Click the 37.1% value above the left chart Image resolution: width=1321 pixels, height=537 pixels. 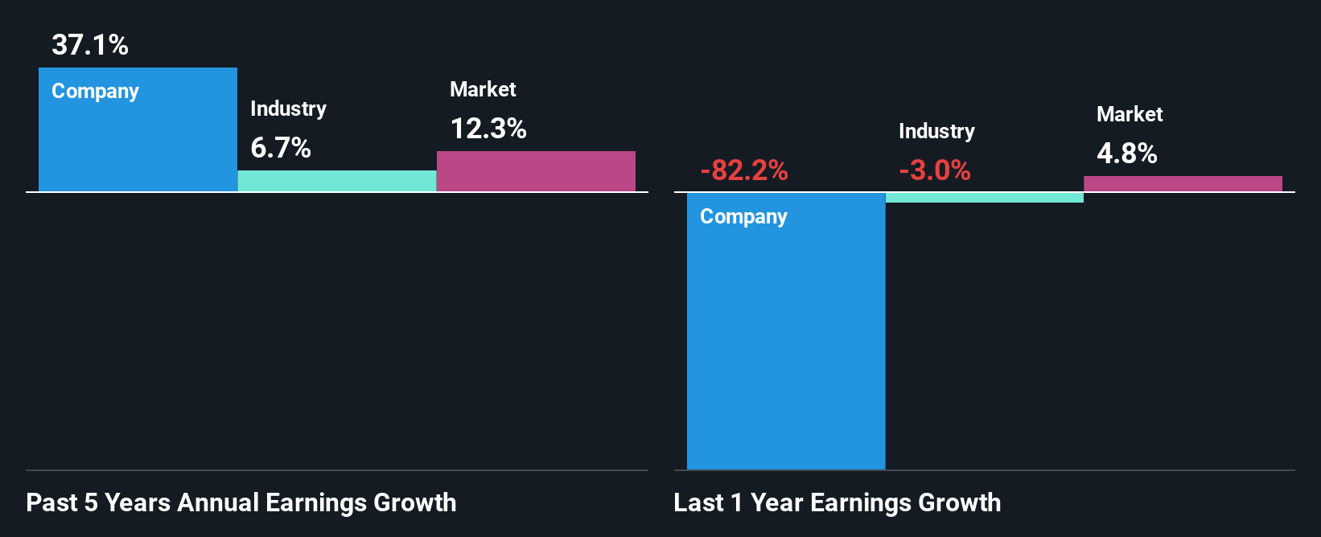coord(90,45)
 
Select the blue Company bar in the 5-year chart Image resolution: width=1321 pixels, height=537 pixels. coord(138,141)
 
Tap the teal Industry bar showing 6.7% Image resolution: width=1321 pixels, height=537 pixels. coord(337,181)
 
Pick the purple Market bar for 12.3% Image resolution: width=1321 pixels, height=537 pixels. coord(536,171)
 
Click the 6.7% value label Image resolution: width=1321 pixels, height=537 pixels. coord(281,148)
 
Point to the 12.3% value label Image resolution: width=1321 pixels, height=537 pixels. coord(488,129)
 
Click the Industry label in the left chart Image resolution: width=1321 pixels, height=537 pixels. coord(288,109)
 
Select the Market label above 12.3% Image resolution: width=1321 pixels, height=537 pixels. coord(483,89)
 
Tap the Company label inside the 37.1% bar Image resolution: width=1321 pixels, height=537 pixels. coord(95,91)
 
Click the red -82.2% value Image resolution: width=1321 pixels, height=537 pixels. coord(743,170)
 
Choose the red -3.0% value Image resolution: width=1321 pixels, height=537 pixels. coord(934,170)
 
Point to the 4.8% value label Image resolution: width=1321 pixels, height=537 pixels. coord(1126,154)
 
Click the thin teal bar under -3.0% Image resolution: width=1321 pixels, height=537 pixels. coord(984,198)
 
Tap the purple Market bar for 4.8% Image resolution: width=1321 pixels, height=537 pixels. coord(1183,184)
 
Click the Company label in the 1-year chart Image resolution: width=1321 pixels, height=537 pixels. coord(743,216)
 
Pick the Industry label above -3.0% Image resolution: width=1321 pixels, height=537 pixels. coord(936,131)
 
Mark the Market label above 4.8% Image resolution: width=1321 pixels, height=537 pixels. coord(1130,114)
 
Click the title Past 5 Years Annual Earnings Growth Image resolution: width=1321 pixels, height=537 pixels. coord(241,502)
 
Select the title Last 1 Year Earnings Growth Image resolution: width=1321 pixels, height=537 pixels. coord(837,502)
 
